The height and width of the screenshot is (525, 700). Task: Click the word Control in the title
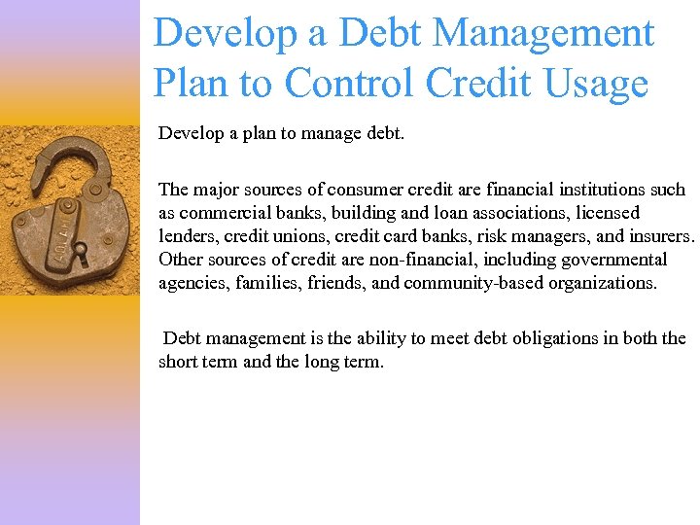coord(367,84)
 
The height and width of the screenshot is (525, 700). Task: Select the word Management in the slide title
coord(543,33)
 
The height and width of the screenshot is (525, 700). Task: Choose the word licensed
coord(609,213)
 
